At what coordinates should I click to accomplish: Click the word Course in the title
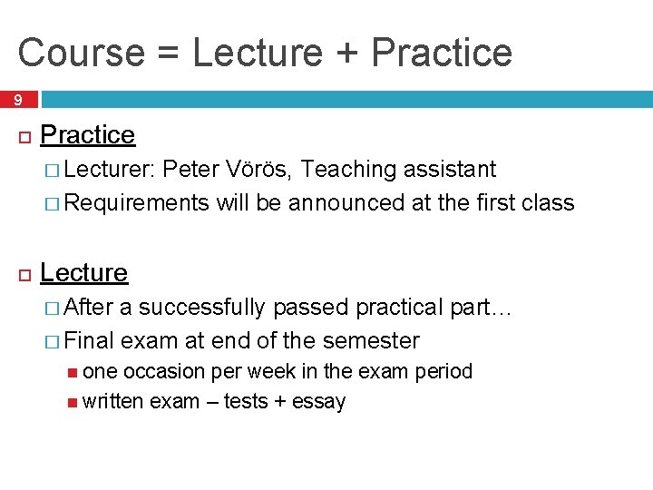click(79, 53)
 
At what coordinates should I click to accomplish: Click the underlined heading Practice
click(88, 135)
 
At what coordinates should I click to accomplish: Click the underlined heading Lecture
click(84, 273)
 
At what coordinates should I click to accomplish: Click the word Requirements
click(136, 203)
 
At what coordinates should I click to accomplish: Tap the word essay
click(318, 402)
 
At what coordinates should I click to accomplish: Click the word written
click(112, 402)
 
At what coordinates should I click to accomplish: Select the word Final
click(90, 342)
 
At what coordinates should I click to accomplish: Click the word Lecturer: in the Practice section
click(111, 170)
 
